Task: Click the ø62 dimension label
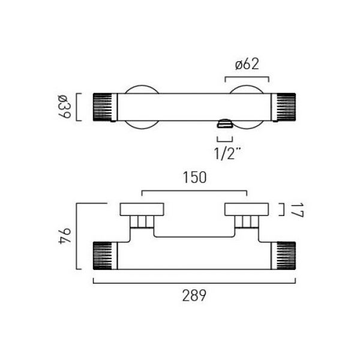(x=247, y=64)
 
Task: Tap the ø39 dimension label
(x=65, y=107)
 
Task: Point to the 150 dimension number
(x=194, y=178)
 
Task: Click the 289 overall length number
(x=194, y=295)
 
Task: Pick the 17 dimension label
(x=298, y=210)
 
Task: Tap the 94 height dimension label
(x=65, y=236)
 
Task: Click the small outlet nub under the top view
(x=225, y=124)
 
